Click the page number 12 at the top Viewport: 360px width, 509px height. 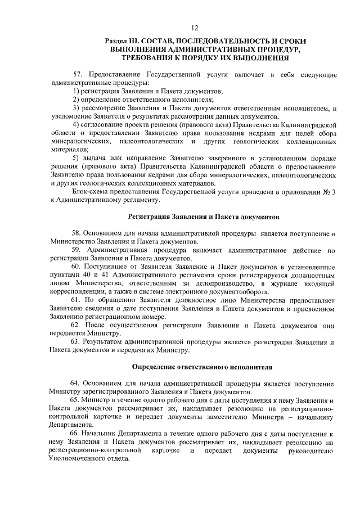(195, 28)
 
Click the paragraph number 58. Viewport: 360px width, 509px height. (76, 233)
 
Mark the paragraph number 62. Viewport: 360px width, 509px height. (76, 326)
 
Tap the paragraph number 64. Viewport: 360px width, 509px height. (76, 384)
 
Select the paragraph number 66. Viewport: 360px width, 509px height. (76, 434)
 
